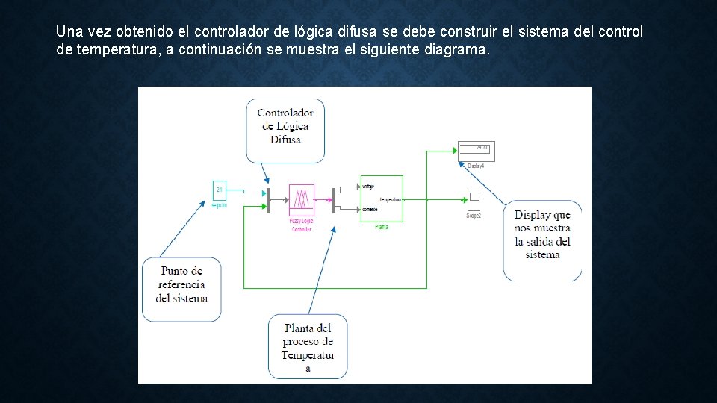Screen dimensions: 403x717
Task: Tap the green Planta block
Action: (382, 199)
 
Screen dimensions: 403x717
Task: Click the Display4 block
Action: (477, 151)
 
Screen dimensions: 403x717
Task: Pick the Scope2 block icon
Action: (474, 198)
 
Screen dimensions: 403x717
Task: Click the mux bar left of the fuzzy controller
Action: (268, 200)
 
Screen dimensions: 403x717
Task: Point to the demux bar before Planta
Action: (333, 200)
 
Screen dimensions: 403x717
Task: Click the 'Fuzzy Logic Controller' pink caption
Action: (301, 225)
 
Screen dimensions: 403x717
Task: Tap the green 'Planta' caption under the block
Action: (382, 227)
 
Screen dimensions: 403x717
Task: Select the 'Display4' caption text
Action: (477, 166)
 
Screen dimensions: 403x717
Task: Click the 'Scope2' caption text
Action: (474, 216)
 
